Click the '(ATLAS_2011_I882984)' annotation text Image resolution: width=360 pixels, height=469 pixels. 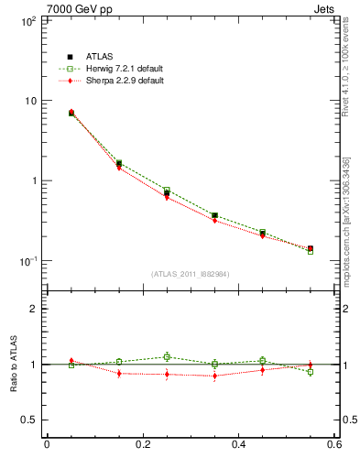[x=190, y=274]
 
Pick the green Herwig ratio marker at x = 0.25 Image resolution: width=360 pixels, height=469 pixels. [x=167, y=357]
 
